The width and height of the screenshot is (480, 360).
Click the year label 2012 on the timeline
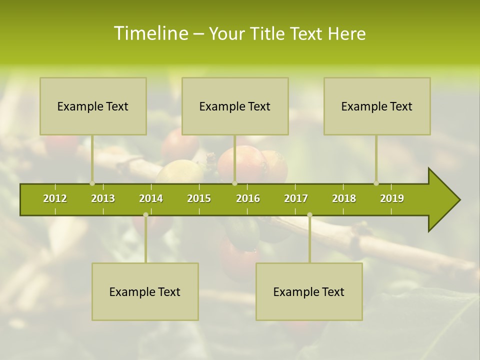click(x=55, y=198)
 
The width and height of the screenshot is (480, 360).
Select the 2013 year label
click(x=103, y=198)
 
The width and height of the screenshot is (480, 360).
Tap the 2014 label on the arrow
click(x=151, y=198)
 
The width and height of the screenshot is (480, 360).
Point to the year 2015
click(x=199, y=198)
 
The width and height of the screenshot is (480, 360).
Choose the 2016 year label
click(x=248, y=198)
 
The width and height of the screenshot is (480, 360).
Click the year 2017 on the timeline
click(x=296, y=198)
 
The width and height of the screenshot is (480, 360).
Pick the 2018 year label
click(x=344, y=198)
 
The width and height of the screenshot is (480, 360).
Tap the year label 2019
click(x=392, y=198)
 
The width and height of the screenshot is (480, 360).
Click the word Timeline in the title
click(x=150, y=33)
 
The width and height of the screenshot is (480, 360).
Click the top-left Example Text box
click(x=93, y=106)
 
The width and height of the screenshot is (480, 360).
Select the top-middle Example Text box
click(x=235, y=106)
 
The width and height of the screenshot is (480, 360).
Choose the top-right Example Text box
click(x=377, y=106)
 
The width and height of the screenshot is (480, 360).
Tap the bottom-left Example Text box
click(x=145, y=292)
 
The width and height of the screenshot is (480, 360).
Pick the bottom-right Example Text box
click(x=309, y=292)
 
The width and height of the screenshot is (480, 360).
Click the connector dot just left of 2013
click(x=92, y=183)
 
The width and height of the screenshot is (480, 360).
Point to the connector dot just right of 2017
click(x=309, y=215)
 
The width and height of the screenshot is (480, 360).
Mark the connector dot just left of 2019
click(x=376, y=183)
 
